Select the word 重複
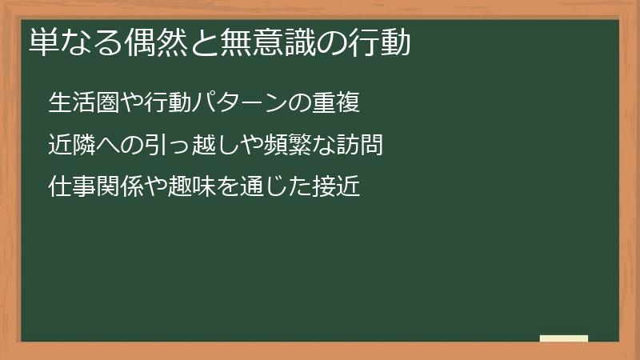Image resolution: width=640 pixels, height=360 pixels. pos(338,103)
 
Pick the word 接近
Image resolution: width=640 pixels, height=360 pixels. pos(338,187)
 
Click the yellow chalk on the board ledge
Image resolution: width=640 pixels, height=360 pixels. pos(563,338)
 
